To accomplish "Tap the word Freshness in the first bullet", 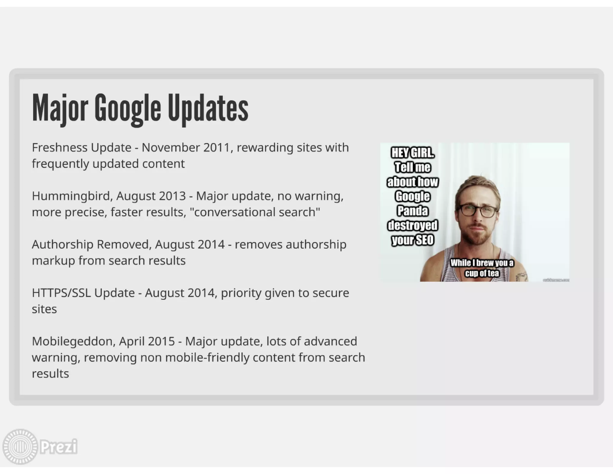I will (x=60, y=147).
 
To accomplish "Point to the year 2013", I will (x=172, y=196).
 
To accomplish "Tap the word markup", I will (x=53, y=261).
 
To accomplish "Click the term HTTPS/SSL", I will (x=61, y=293).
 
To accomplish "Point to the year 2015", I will (x=161, y=341).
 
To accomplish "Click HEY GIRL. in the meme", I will (x=413, y=153).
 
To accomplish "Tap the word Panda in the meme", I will (x=413, y=211).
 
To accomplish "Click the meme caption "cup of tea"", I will (x=482, y=273).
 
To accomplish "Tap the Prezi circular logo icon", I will (x=20, y=446).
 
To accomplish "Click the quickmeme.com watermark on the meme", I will (x=556, y=280).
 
